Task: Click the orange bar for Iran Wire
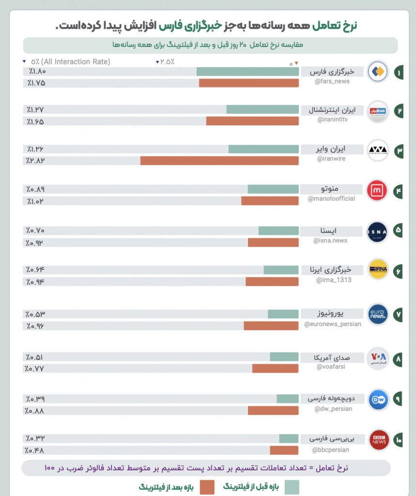(219, 161)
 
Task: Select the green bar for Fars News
(247, 72)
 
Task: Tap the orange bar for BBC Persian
(284, 450)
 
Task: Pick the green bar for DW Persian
(287, 399)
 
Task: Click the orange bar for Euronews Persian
(271, 326)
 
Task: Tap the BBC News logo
(378, 440)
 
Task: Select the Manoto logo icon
(377, 190)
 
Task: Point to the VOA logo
(378, 358)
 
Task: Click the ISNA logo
(378, 231)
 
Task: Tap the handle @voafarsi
(332, 367)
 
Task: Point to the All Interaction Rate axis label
(71, 62)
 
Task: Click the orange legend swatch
(207, 487)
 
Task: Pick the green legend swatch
(292, 487)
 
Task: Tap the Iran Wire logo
(378, 150)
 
